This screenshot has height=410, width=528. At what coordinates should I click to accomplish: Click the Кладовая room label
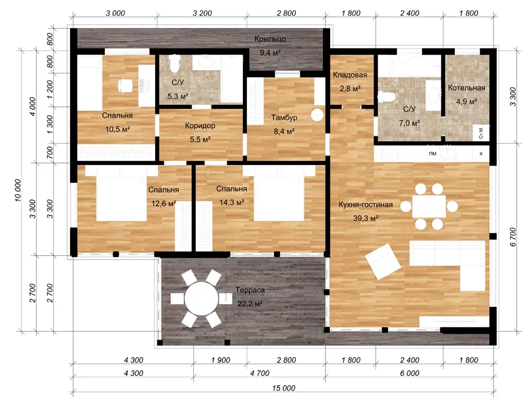[350, 75]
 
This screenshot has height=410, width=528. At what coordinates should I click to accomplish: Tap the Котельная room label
[467, 88]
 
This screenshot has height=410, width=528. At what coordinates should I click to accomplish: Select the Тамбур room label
[284, 118]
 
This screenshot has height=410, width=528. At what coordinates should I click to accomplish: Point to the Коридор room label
[200, 126]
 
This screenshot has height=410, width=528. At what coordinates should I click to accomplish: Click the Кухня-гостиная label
[366, 204]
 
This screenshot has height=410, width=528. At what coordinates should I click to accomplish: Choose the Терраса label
[250, 290]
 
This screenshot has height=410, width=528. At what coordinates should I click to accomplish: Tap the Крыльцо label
[270, 39]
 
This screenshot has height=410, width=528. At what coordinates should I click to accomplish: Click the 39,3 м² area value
[366, 218]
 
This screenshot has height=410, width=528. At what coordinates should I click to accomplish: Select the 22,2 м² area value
[250, 304]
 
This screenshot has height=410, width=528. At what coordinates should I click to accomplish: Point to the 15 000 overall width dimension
[283, 388]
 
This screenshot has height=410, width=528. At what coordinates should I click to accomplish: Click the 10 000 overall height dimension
[18, 190]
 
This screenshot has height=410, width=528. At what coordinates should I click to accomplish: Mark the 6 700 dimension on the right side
[513, 237]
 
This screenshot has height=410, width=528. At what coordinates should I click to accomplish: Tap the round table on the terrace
[202, 299]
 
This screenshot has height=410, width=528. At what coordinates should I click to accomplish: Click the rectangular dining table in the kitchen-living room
[429, 206]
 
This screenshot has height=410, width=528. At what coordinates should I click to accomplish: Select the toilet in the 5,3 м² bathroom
[175, 64]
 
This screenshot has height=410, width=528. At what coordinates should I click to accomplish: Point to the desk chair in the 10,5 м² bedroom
[124, 85]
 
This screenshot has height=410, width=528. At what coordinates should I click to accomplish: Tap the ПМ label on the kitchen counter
[433, 154]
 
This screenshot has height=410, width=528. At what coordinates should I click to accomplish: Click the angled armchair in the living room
[384, 261]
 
